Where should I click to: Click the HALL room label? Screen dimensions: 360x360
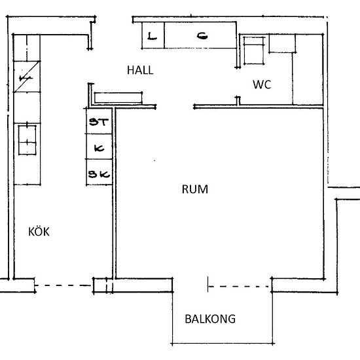coord(140,70)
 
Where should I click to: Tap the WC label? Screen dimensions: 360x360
coord(262,84)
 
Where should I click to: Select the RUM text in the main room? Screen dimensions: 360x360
coord(195,189)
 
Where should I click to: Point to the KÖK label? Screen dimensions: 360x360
coord(39,232)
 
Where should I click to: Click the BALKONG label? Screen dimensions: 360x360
coord(210,319)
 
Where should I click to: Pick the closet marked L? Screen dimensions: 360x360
coord(153,35)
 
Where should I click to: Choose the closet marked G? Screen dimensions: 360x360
coord(200,35)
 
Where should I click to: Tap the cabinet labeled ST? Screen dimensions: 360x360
coord(99,121)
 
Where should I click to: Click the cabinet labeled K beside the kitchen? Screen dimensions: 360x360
coord(99,147)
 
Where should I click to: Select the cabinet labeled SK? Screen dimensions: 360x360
coord(99,172)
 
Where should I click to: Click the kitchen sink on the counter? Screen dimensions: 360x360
coord(27,139)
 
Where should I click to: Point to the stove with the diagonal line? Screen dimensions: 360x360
coord(27,77)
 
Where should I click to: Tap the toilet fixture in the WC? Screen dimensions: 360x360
coord(254,50)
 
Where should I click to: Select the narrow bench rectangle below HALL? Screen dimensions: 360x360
coord(118,98)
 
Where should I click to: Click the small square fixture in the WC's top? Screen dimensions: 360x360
coord(282,43)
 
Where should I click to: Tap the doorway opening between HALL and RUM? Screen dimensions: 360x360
coord(175,107)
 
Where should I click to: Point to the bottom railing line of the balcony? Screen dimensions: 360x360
coord(223,344)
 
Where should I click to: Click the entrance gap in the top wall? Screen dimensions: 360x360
coord(114,17)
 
